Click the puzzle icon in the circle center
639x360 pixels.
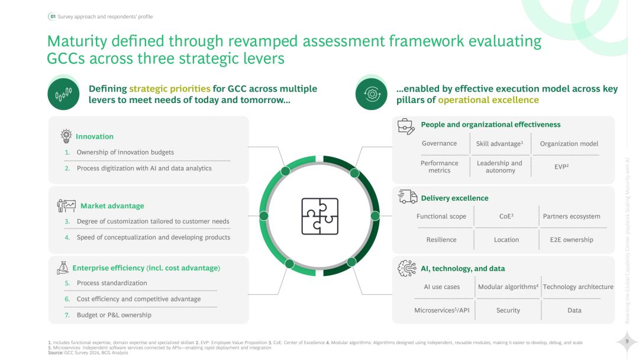319,216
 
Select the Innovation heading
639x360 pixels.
94,137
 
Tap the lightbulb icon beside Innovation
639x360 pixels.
66,136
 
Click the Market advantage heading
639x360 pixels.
112,206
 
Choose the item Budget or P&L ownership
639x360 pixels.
114,315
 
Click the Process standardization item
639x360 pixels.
112,283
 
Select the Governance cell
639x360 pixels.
439,143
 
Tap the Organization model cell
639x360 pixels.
569,143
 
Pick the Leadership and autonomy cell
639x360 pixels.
500,166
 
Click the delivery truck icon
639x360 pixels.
407,197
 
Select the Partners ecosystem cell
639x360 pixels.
571,216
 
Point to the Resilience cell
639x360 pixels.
441,240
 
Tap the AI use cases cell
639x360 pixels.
441,287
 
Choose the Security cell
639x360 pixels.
508,310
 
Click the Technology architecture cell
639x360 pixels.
577,287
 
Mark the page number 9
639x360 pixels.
627,342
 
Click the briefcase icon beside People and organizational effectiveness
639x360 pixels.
405,126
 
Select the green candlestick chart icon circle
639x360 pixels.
63,94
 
